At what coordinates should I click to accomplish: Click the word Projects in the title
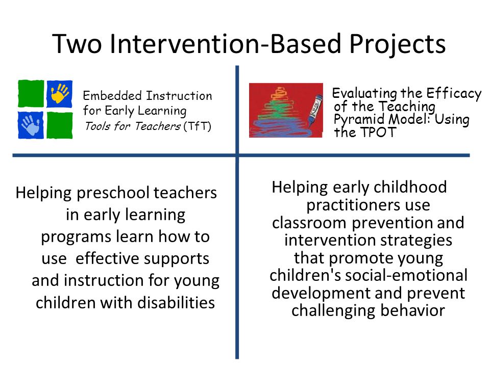click(398, 45)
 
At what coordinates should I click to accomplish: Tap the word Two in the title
click(77, 44)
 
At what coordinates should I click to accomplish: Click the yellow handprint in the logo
click(60, 93)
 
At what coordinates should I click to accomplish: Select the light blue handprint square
click(31, 125)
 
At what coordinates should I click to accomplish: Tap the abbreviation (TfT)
click(197, 126)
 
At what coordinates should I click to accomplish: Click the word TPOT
click(378, 133)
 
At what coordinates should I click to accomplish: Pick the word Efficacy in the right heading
click(453, 93)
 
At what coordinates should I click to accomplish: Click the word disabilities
click(176, 302)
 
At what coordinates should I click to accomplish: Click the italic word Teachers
click(158, 126)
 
